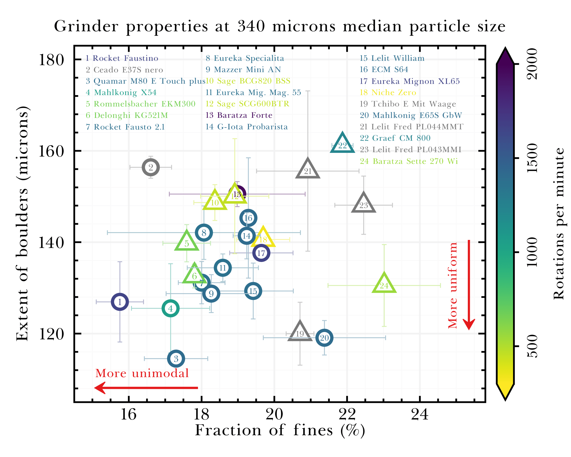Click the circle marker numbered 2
[151, 167]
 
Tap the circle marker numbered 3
[176, 359]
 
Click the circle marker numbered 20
[324, 338]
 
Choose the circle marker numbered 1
[120, 302]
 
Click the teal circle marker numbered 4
[170, 309]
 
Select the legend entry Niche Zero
[388, 92]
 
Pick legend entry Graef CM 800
[395, 138]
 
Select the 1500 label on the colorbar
[532, 158]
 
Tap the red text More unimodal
[142, 373]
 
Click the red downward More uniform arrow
[469, 285]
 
